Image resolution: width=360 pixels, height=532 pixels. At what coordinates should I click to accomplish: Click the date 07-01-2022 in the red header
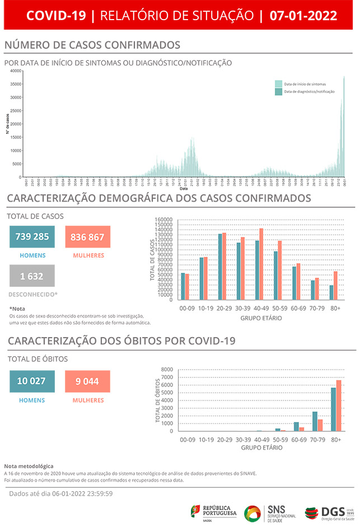(303, 15)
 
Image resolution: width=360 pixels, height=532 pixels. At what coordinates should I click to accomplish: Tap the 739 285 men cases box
(32, 236)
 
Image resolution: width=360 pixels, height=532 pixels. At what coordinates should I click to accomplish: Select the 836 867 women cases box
(87, 236)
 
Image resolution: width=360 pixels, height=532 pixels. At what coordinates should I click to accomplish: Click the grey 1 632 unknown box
(32, 276)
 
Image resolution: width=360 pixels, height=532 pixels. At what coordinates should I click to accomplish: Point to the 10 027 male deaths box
(32, 381)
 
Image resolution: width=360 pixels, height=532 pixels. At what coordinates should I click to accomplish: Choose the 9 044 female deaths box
(87, 381)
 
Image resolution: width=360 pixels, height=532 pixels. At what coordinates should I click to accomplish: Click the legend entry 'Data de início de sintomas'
(305, 83)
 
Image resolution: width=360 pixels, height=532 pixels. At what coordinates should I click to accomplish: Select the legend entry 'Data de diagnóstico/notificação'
(308, 91)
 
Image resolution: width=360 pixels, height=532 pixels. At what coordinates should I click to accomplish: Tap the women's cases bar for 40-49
(261, 264)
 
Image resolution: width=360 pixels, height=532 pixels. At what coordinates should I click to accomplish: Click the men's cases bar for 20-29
(220, 267)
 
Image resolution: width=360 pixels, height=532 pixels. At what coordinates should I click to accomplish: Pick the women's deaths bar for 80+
(339, 405)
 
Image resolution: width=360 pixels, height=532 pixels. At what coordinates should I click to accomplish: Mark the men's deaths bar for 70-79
(315, 421)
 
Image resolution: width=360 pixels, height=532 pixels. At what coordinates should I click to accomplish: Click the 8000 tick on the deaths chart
(167, 370)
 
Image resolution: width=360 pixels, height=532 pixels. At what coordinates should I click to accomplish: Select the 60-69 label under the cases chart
(298, 308)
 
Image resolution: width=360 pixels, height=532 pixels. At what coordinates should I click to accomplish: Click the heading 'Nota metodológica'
(29, 466)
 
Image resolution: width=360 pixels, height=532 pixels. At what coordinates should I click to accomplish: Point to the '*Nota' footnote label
(17, 309)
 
